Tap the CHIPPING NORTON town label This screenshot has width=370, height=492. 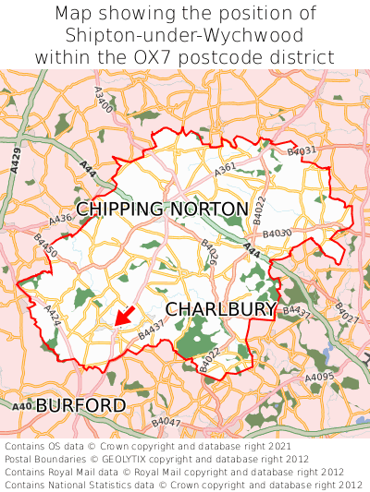point(162,210)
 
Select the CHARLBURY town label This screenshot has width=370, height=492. point(221,308)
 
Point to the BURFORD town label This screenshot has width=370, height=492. point(80,405)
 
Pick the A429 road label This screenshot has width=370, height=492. point(17,160)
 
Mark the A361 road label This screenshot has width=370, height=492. point(226,168)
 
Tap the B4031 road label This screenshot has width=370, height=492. point(302,150)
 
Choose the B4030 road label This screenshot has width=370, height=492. point(277,234)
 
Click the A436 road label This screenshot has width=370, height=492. point(60,222)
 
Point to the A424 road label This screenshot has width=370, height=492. point(54,317)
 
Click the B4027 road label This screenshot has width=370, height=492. point(345,313)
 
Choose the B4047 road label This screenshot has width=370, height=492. point(166,423)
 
